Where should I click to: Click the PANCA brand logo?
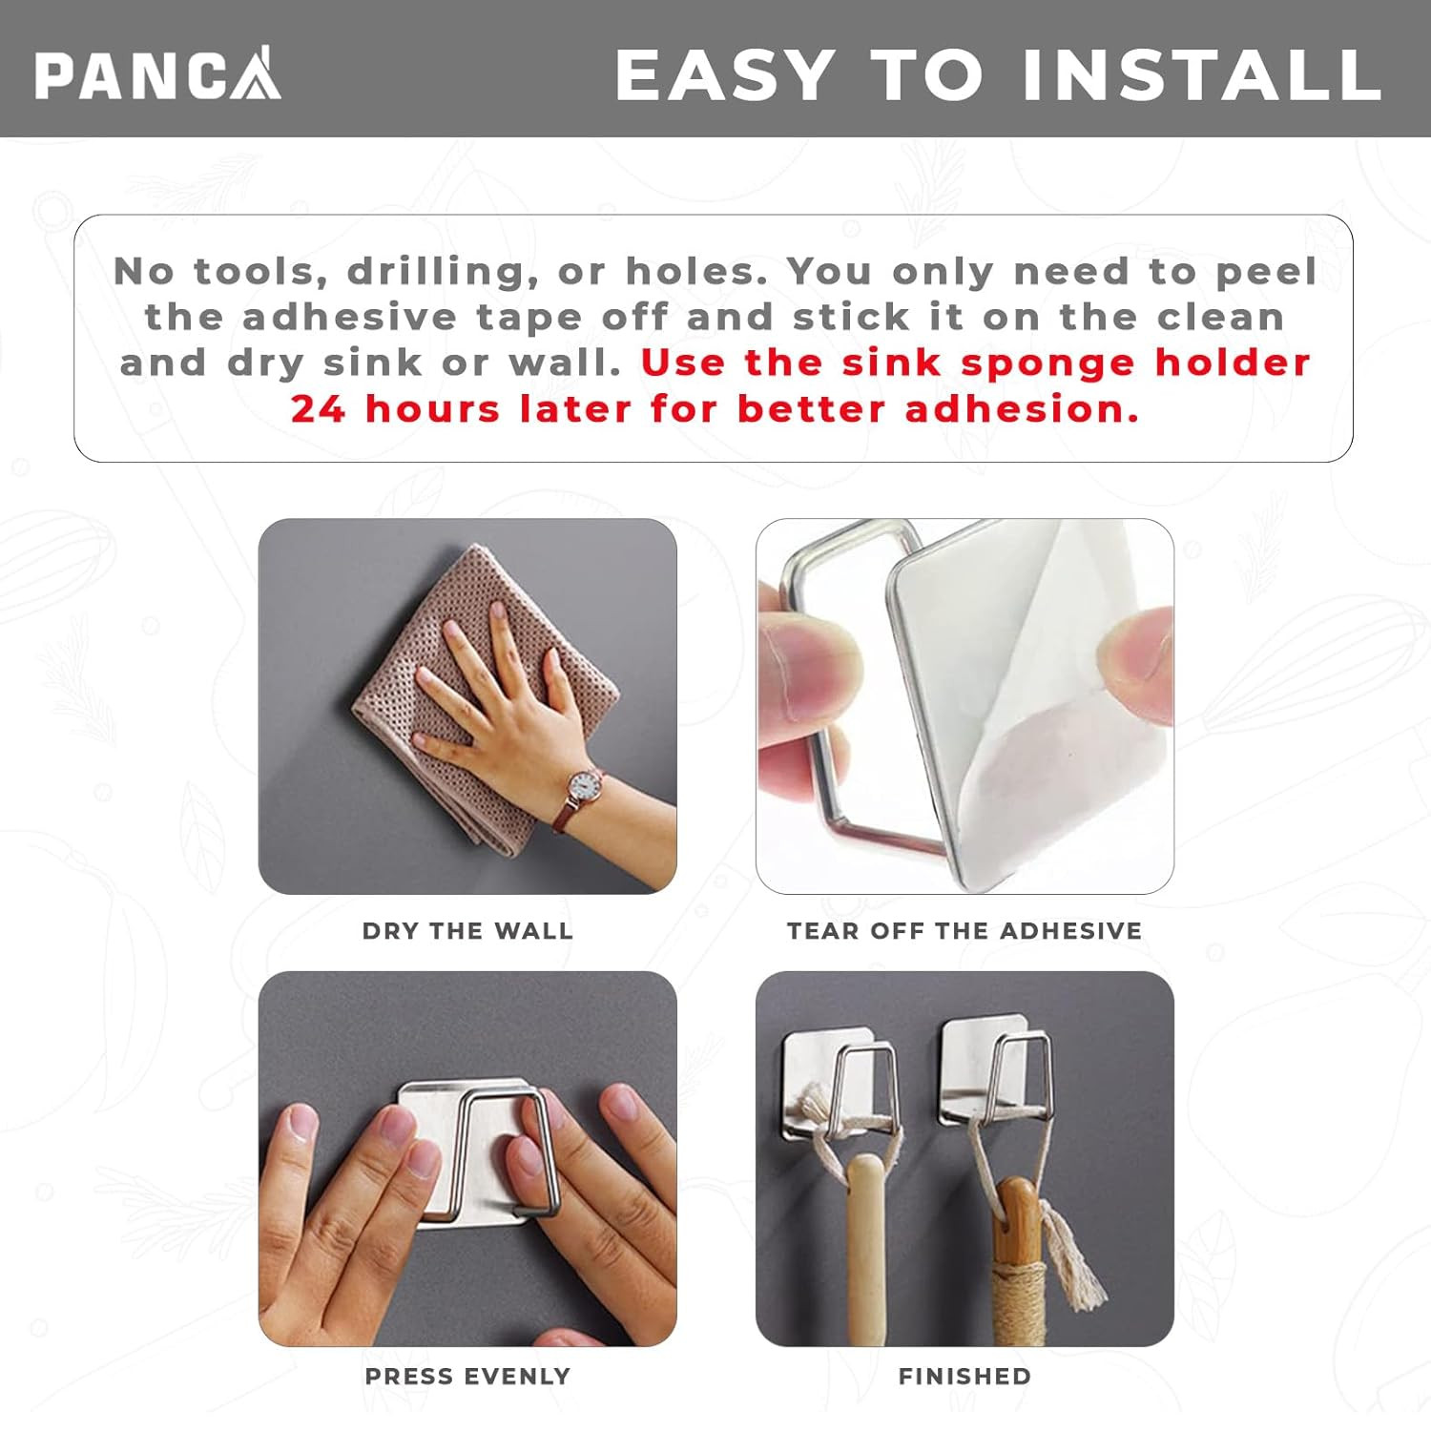pyautogui.click(x=158, y=73)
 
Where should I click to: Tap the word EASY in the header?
pyautogui.click(x=725, y=74)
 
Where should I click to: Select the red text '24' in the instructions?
pyautogui.click(x=318, y=409)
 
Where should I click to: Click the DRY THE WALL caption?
pyautogui.click(x=467, y=931)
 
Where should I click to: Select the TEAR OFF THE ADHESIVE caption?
pyautogui.click(x=964, y=931)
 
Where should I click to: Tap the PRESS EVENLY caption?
pyautogui.click(x=467, y=1377)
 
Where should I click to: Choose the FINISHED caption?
pyautogui.click(x=964, y=1377)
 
